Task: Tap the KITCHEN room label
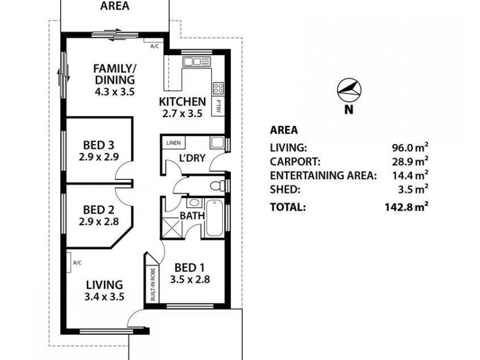pos(182,101)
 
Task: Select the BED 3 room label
pos(98,145)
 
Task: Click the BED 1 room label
pos(190,268)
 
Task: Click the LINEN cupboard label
pos(173,143)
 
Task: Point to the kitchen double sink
pos(196,61)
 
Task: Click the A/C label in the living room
pos(77,263)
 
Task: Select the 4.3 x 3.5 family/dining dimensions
pos(113,92)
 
